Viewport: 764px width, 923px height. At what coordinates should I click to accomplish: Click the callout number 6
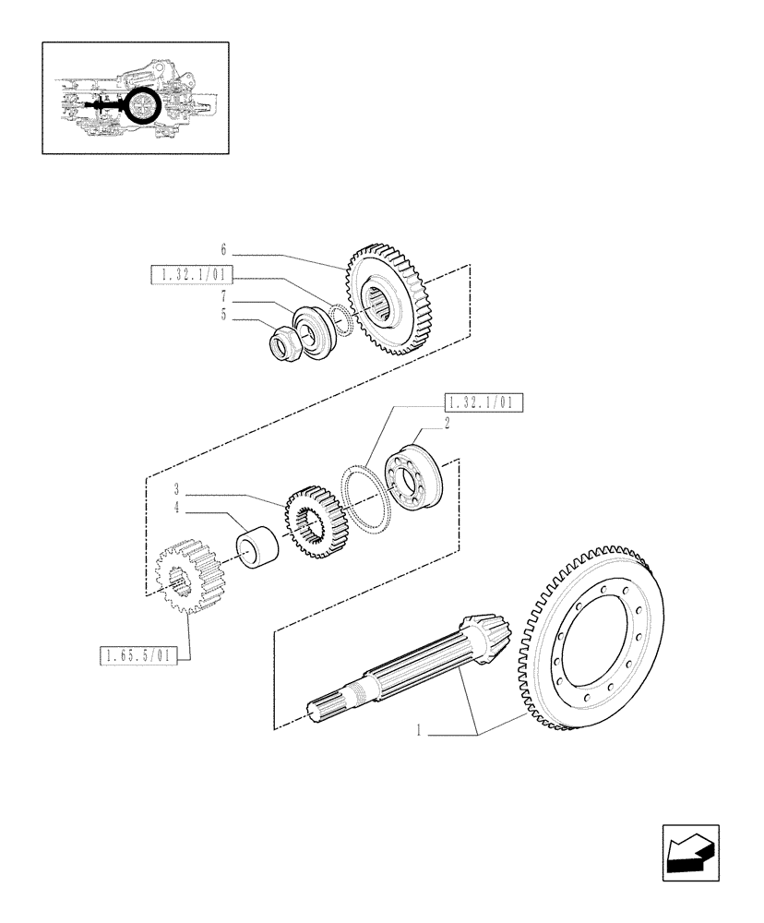(x=223, y=249)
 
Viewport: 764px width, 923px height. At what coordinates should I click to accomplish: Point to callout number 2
(x=447, y=424)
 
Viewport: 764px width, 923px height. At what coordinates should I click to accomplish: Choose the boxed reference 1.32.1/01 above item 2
(x=483, y=402)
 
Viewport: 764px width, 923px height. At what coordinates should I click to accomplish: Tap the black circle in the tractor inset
(x=143, y=107)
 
